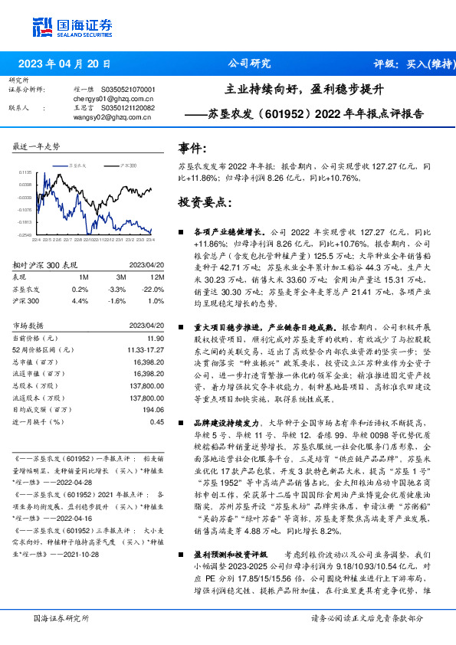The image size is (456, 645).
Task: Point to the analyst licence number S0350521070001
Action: [x=126, y=90]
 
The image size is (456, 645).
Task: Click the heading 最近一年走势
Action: [x=38, y=146]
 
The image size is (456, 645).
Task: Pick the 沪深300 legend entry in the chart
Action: [x=127, y=165]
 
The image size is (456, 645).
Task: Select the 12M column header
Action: [x=158, y=277]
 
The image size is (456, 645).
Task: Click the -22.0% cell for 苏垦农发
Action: [x=156, y=290]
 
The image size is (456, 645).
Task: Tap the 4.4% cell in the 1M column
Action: [x=80, y=301]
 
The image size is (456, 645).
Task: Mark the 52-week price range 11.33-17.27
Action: [x=144, y=349]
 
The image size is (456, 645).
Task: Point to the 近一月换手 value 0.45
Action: [x=157, y=422]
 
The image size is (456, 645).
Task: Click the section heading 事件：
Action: [x=192, y=147]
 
